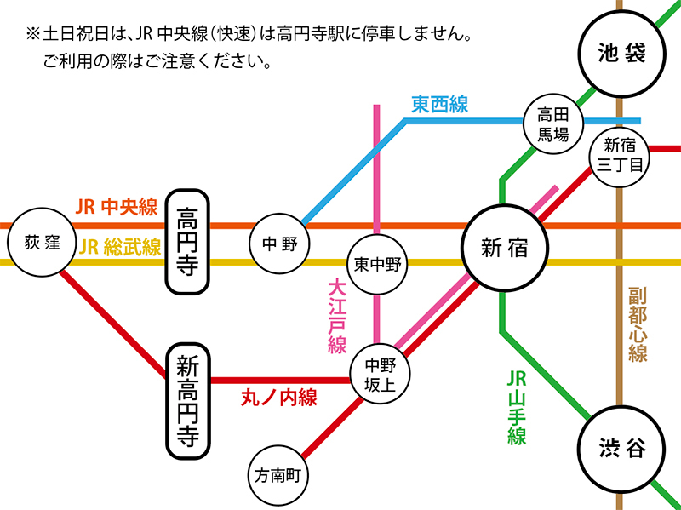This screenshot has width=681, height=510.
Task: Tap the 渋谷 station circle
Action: pos(621,447)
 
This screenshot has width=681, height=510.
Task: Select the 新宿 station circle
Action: pos(504,248)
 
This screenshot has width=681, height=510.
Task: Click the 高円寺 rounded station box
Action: pos(187,240)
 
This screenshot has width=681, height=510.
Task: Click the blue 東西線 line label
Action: pos(440,104)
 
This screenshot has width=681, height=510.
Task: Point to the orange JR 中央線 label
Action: pos(117,208)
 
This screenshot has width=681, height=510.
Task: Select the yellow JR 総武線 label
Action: pos(120,248)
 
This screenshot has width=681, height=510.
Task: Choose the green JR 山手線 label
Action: pos(517,407)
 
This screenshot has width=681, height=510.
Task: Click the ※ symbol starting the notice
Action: pos(33,35)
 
